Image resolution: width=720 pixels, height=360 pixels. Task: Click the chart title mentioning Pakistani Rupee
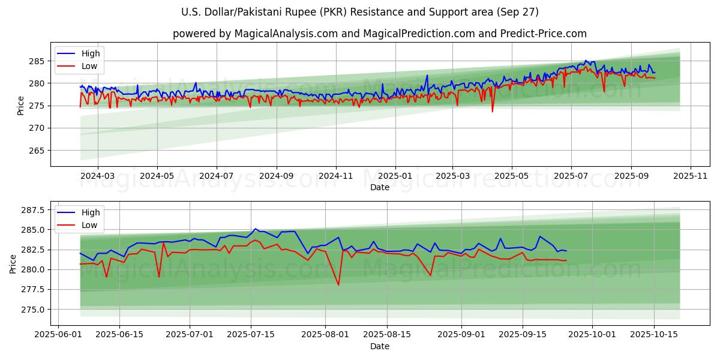click(x=359, y=12)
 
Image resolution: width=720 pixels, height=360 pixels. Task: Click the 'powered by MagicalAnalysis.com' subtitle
click(x=379, y=34)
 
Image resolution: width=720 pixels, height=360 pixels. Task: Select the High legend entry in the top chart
click(x=91, y=53)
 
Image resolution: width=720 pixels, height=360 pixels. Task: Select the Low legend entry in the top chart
click(x=89, y=67)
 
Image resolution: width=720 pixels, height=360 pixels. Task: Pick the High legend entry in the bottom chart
click(x=91, y=212)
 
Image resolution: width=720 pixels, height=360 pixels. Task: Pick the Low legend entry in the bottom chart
click(x=89, y=225)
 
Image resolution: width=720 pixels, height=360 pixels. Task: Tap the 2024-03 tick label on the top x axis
click(x=97, y=176)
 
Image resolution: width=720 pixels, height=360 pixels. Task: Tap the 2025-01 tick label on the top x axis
click(x=395, y=176)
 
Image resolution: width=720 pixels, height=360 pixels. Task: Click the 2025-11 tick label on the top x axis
click(x=691, y=176)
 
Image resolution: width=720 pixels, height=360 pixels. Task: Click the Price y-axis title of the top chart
click(x=21, y=105)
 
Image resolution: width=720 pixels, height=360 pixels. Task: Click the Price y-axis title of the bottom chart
click(x=13, y=263)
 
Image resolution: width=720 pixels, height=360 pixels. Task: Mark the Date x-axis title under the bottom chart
click(x=379, y=346)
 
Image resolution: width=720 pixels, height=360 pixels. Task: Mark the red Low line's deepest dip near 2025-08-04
click(x=338, y=285)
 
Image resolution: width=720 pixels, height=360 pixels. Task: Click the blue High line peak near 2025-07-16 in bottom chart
click(x=255, y=229)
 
